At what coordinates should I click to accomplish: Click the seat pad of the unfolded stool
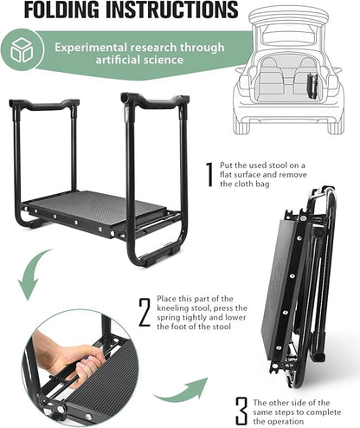(x=95, y=207)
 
